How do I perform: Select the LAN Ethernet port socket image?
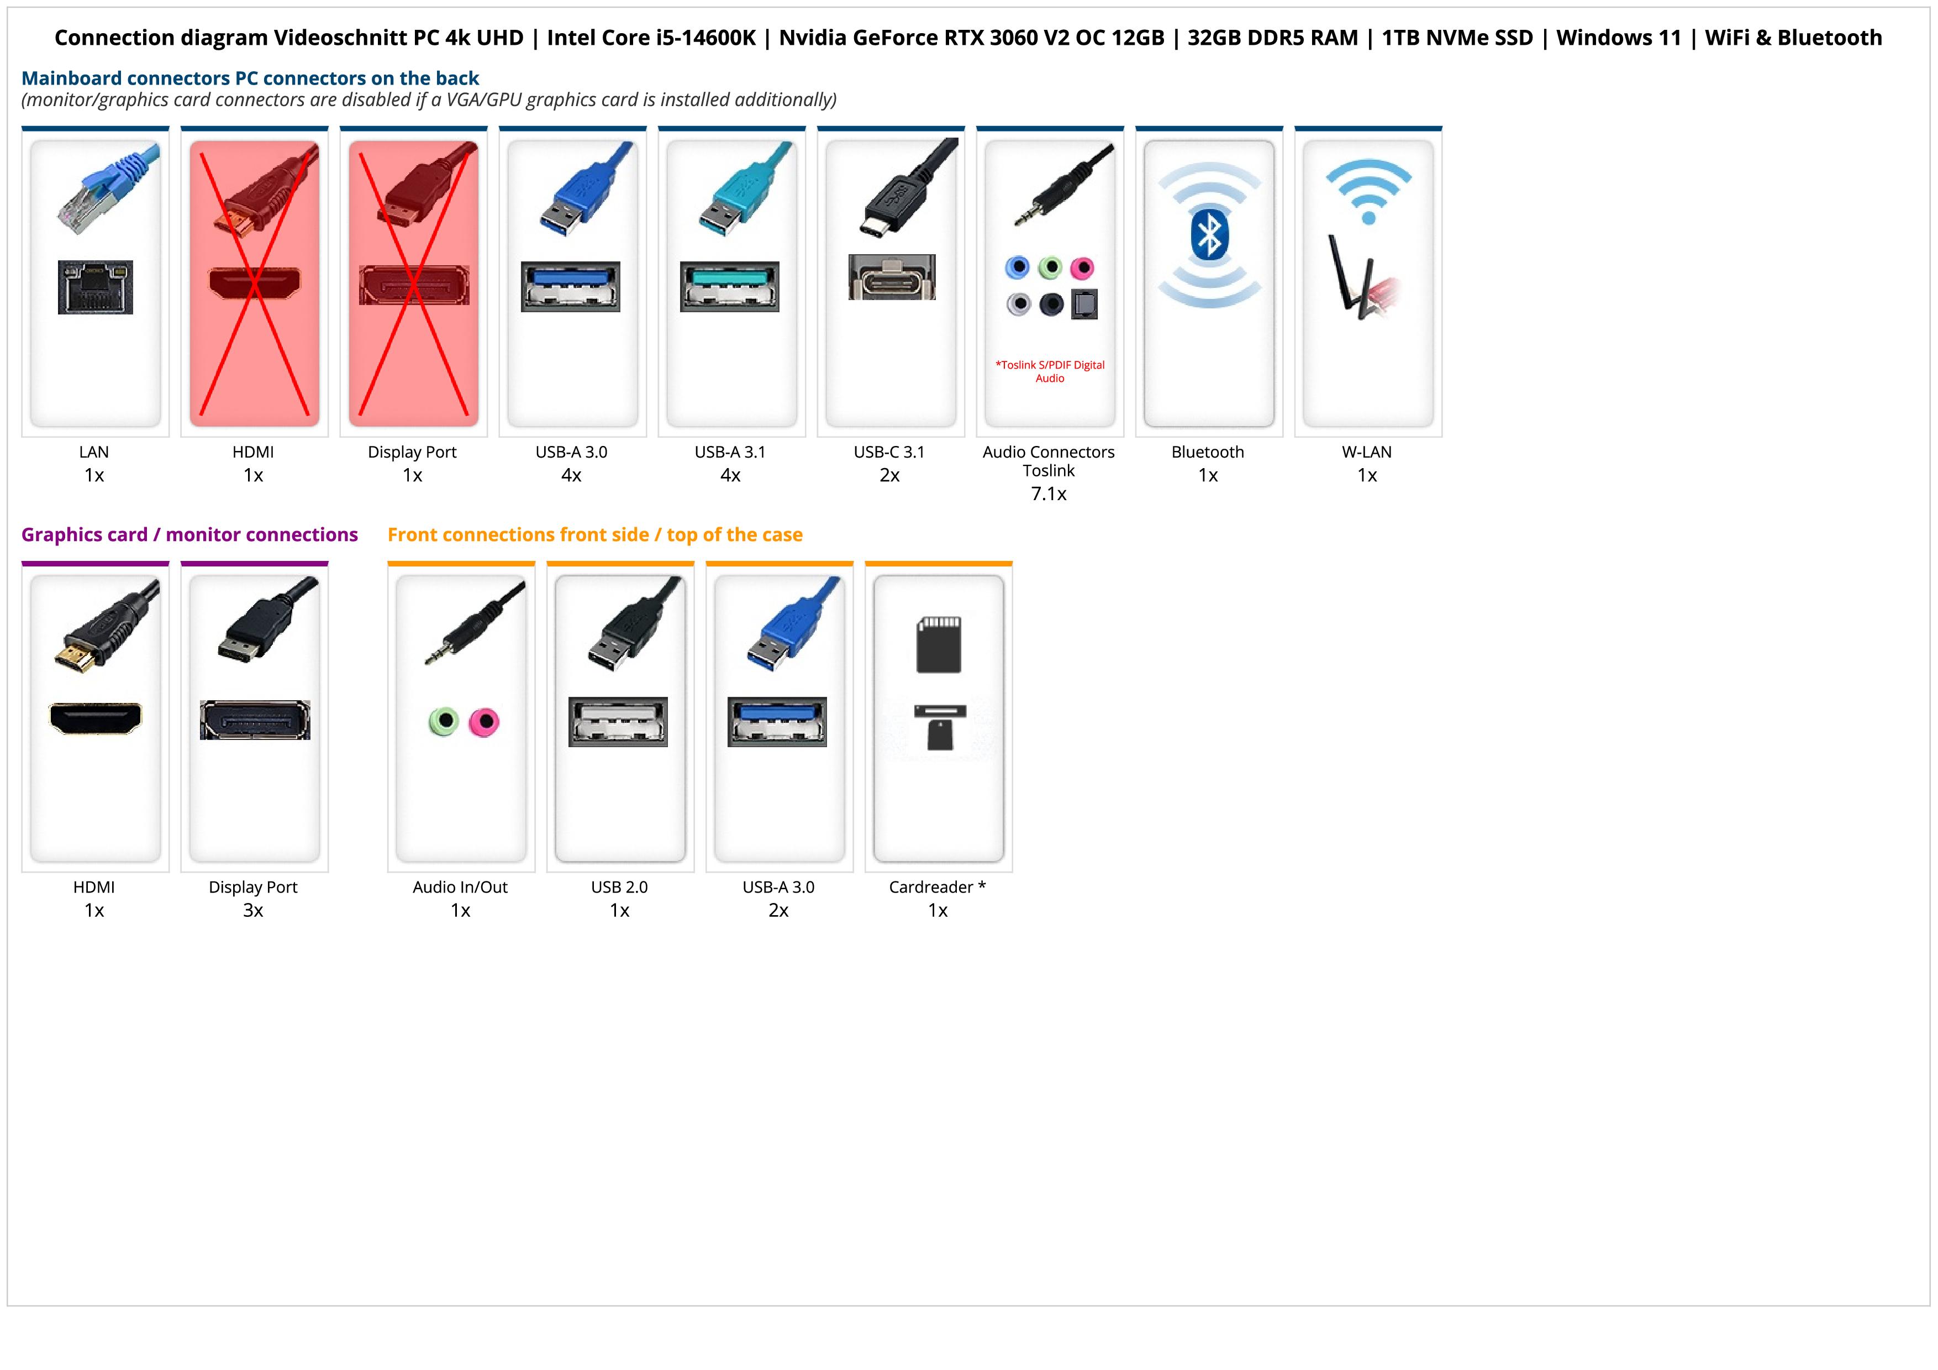click(96, 287)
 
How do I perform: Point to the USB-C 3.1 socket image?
click(891, 277)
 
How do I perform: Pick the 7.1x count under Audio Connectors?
click(1049, 494)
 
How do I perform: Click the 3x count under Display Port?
click(253, 910)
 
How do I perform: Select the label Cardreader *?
click(937, 887)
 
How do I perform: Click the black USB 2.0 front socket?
click(618, 722)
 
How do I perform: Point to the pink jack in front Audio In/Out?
click(483, 722)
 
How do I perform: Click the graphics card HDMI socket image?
click(96, 718)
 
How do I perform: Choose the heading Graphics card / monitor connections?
click(189, 534)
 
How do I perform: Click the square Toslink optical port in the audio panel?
click(1084, 304)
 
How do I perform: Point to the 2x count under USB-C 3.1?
click(889, 475)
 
